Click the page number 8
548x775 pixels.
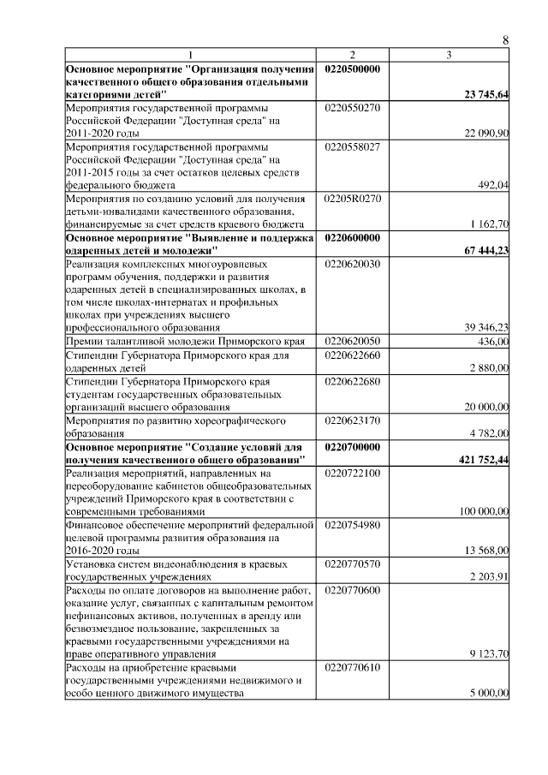point(505,40)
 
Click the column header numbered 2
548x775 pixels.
point(352,56)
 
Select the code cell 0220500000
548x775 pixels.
point(353,69)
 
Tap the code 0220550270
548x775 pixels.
point(353,108)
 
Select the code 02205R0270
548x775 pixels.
point(353,199)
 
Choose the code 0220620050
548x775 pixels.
point(353,341)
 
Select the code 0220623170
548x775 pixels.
point(353,420)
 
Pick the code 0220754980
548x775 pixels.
point(353,524)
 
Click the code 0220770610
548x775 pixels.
point(353,665)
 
